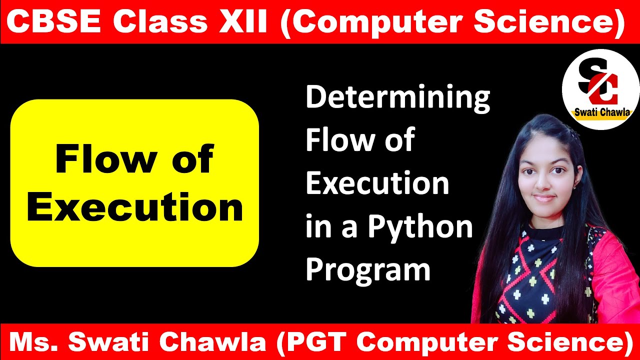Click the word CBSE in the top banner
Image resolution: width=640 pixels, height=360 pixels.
54,22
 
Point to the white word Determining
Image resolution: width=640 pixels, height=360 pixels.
397,98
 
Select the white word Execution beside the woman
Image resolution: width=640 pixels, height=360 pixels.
377,183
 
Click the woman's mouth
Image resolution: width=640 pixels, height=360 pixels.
544,198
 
